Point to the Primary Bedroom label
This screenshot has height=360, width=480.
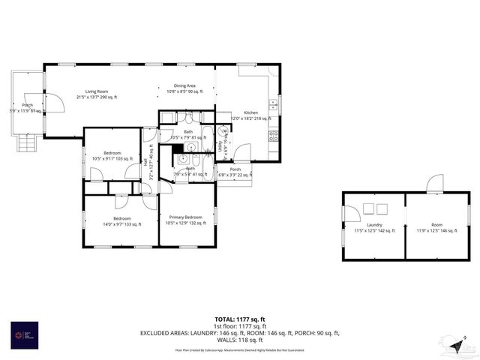pos(184,220)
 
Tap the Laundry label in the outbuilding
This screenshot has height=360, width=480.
pos(375,228)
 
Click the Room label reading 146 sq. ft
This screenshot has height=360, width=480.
pos(436,228)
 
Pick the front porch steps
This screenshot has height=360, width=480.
pos(27,143)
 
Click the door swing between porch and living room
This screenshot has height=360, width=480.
pos(54,103)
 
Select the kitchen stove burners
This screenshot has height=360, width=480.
pos(274,136)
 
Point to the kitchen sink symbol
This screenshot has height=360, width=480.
pos(274,103)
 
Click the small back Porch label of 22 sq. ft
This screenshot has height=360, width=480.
pos(235,172)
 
